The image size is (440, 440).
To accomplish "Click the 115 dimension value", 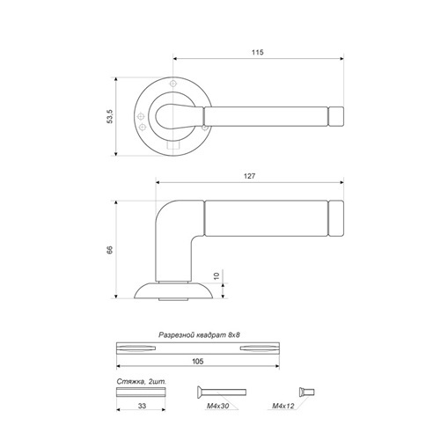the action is click(x=258, y=52).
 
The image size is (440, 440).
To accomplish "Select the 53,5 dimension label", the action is click(x=110, y=116).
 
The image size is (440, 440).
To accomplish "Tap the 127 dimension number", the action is click(x=249, y=176).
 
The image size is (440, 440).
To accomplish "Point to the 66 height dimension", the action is click(x=110, y=250).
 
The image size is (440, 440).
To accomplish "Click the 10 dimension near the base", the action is click(x=216, y=276).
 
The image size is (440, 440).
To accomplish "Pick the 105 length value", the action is click(x=198, y=362).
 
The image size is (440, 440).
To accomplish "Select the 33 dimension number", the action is click(x=142, y=406).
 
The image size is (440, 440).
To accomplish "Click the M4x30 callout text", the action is click(x=218, y=407).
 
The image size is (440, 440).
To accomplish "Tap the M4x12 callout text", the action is click(x=283, y=407).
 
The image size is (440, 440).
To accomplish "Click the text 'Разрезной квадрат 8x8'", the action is click(x=199, y=335).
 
